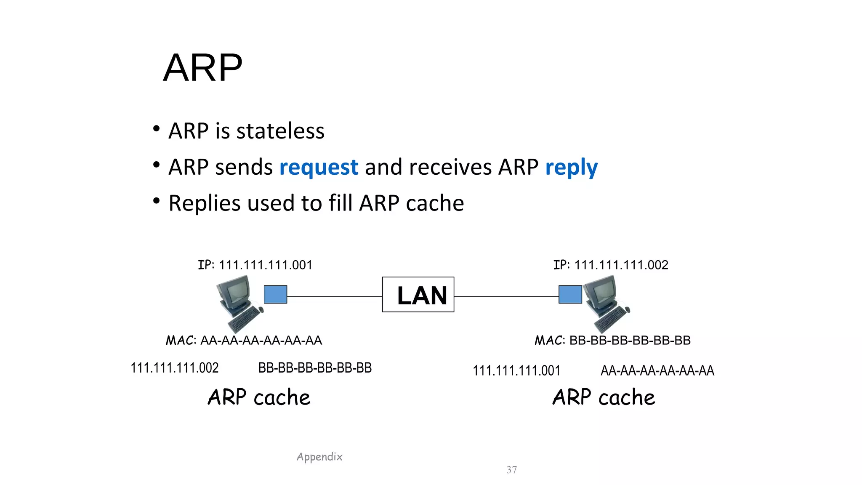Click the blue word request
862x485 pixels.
[319, 167]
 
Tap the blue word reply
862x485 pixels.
[571, 167]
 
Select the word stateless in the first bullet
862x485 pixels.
[280, 131]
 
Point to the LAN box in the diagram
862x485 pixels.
[418, 295]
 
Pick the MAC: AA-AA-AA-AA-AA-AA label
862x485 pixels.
[244, 340]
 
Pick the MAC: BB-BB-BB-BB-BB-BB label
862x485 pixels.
[612, 340]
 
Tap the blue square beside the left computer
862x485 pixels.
[275, 294]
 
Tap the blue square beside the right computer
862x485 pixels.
[570, 294]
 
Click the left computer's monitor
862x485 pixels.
[235, 290]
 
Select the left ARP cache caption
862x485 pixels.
[259, 397]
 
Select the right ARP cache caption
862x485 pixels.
[604, 397]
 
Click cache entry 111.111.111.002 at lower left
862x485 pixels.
[174, 368]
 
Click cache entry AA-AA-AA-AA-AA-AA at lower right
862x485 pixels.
[657, 370]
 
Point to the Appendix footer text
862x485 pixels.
[319, 457]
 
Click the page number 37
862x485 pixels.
[511, 470]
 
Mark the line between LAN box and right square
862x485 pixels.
[506, 296]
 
